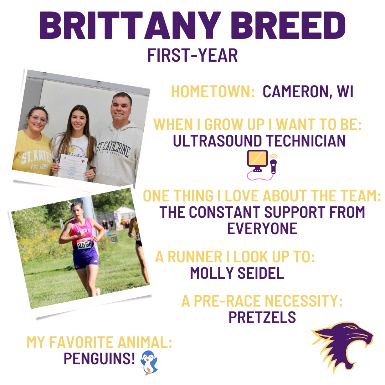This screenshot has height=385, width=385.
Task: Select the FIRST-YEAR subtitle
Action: point(192,56)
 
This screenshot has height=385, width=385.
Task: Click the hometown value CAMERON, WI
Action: point(308,92)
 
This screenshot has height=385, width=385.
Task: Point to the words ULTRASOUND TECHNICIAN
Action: point(259,141)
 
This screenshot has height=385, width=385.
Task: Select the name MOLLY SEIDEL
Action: point(237,273)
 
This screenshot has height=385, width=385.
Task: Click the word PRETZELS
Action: point(262,317)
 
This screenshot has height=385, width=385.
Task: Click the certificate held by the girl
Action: point(72,166)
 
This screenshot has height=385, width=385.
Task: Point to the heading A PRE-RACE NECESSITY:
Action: point(262,301)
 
